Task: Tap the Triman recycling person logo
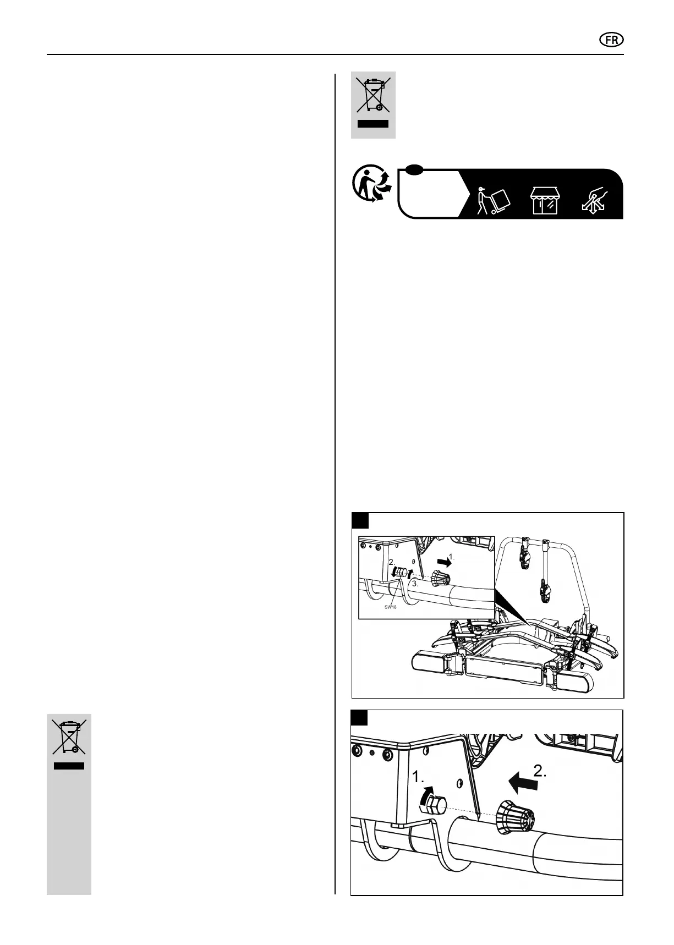(x=372, y=186)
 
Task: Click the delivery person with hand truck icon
(x=491, y=201)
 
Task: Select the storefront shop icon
(x=544, y=200)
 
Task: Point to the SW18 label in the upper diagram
(x=390, y=607)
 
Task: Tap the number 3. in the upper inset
(x=415, y=585)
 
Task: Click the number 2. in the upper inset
(x=392, y=563)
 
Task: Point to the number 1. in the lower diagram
(x=419, y=777)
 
